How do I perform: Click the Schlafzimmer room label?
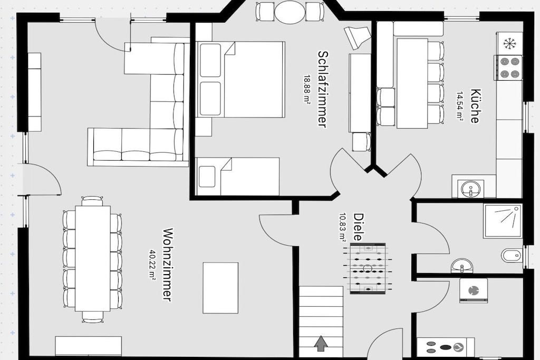point(322,89)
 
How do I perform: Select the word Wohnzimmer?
point(167,264)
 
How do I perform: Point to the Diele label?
point(359,227)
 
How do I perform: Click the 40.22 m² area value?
point(152,264)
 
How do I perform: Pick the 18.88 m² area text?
point(306,89)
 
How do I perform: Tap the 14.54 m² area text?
point(460,105)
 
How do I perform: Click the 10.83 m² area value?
point(343,227)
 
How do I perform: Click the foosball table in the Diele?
point(368,268)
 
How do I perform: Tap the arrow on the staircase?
point(321,344)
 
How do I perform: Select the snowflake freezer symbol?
point(509,43)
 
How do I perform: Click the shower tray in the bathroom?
point(503,221)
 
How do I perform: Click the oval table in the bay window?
point(290,12)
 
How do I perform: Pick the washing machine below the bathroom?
point(474,291)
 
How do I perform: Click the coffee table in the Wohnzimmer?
point(220,288)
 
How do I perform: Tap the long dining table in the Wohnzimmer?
point(93,258)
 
